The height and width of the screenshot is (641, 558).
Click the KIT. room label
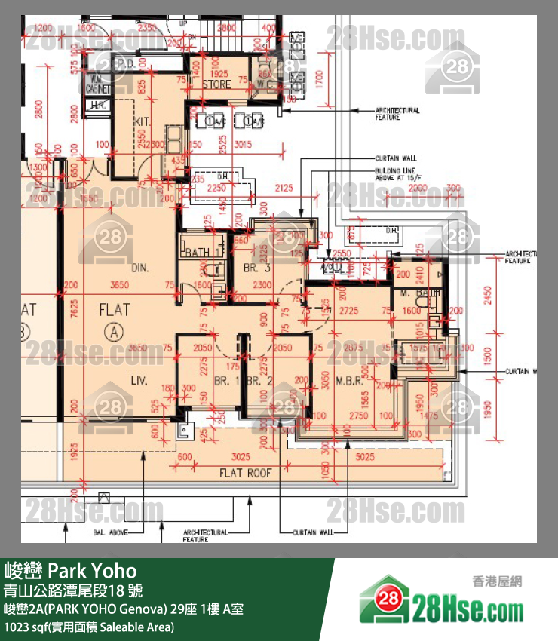click(x=143, y=121)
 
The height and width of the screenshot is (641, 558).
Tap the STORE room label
click(x=216, y=84)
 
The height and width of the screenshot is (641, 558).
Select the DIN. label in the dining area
click(x=140, y=268)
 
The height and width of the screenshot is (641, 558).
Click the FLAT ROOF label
click(x=245, y=474)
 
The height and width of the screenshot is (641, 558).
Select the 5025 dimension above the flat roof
click(x=365, y=456)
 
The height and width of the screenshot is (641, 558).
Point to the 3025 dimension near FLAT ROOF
click(x=241, y=457)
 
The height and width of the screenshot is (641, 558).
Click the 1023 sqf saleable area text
click(x=89, y=627)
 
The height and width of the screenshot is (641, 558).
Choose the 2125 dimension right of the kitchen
click(x=284, y=187)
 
